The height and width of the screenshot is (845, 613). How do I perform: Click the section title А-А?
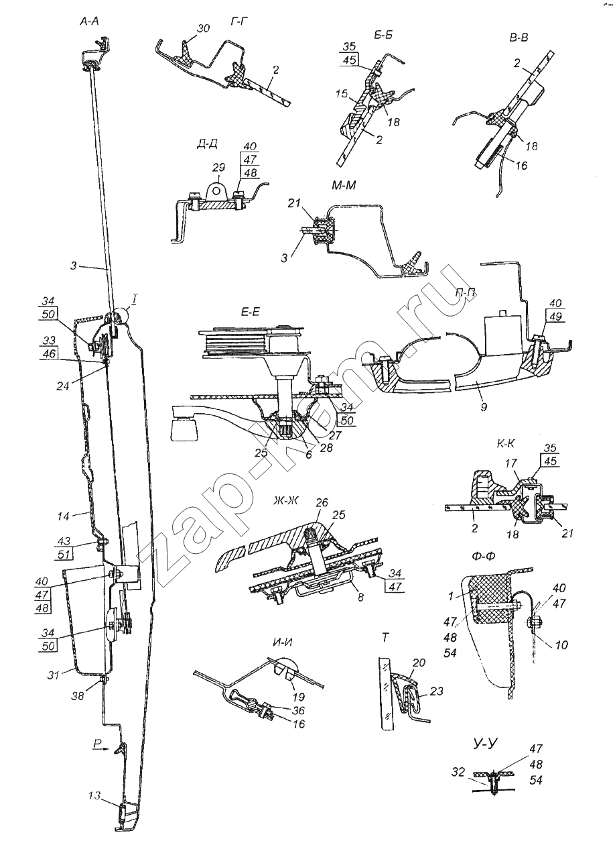(90, 21)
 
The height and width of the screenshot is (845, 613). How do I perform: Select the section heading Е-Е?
(250, 313)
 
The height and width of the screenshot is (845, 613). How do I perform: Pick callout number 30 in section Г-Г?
(203, 29)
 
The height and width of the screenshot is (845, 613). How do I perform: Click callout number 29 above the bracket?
(220, 167)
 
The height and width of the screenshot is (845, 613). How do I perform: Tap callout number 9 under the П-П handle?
(484, 406)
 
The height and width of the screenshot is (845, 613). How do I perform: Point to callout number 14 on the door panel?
(63, 516)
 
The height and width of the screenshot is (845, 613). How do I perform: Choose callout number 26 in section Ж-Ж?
(322, 502)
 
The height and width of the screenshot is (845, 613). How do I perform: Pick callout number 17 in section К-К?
(511, 463)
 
